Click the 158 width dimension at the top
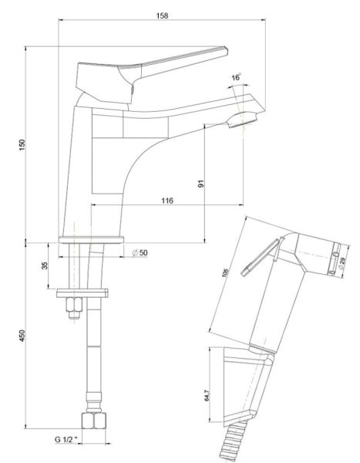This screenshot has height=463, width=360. tap(162, 15)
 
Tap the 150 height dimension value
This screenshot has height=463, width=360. tap(22, 145)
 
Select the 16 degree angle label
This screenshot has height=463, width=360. tap(236, 77)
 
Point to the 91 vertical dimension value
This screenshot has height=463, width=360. tap(201, 184)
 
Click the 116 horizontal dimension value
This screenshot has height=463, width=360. tap(167, 201)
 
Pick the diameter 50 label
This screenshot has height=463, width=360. tap(140, 253)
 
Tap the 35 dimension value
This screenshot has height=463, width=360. tap(45, 265)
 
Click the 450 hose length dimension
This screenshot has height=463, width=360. tap(22, 336)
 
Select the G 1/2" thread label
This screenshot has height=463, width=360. tap(66, 439)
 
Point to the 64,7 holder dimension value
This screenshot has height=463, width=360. tap(207, 395)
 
